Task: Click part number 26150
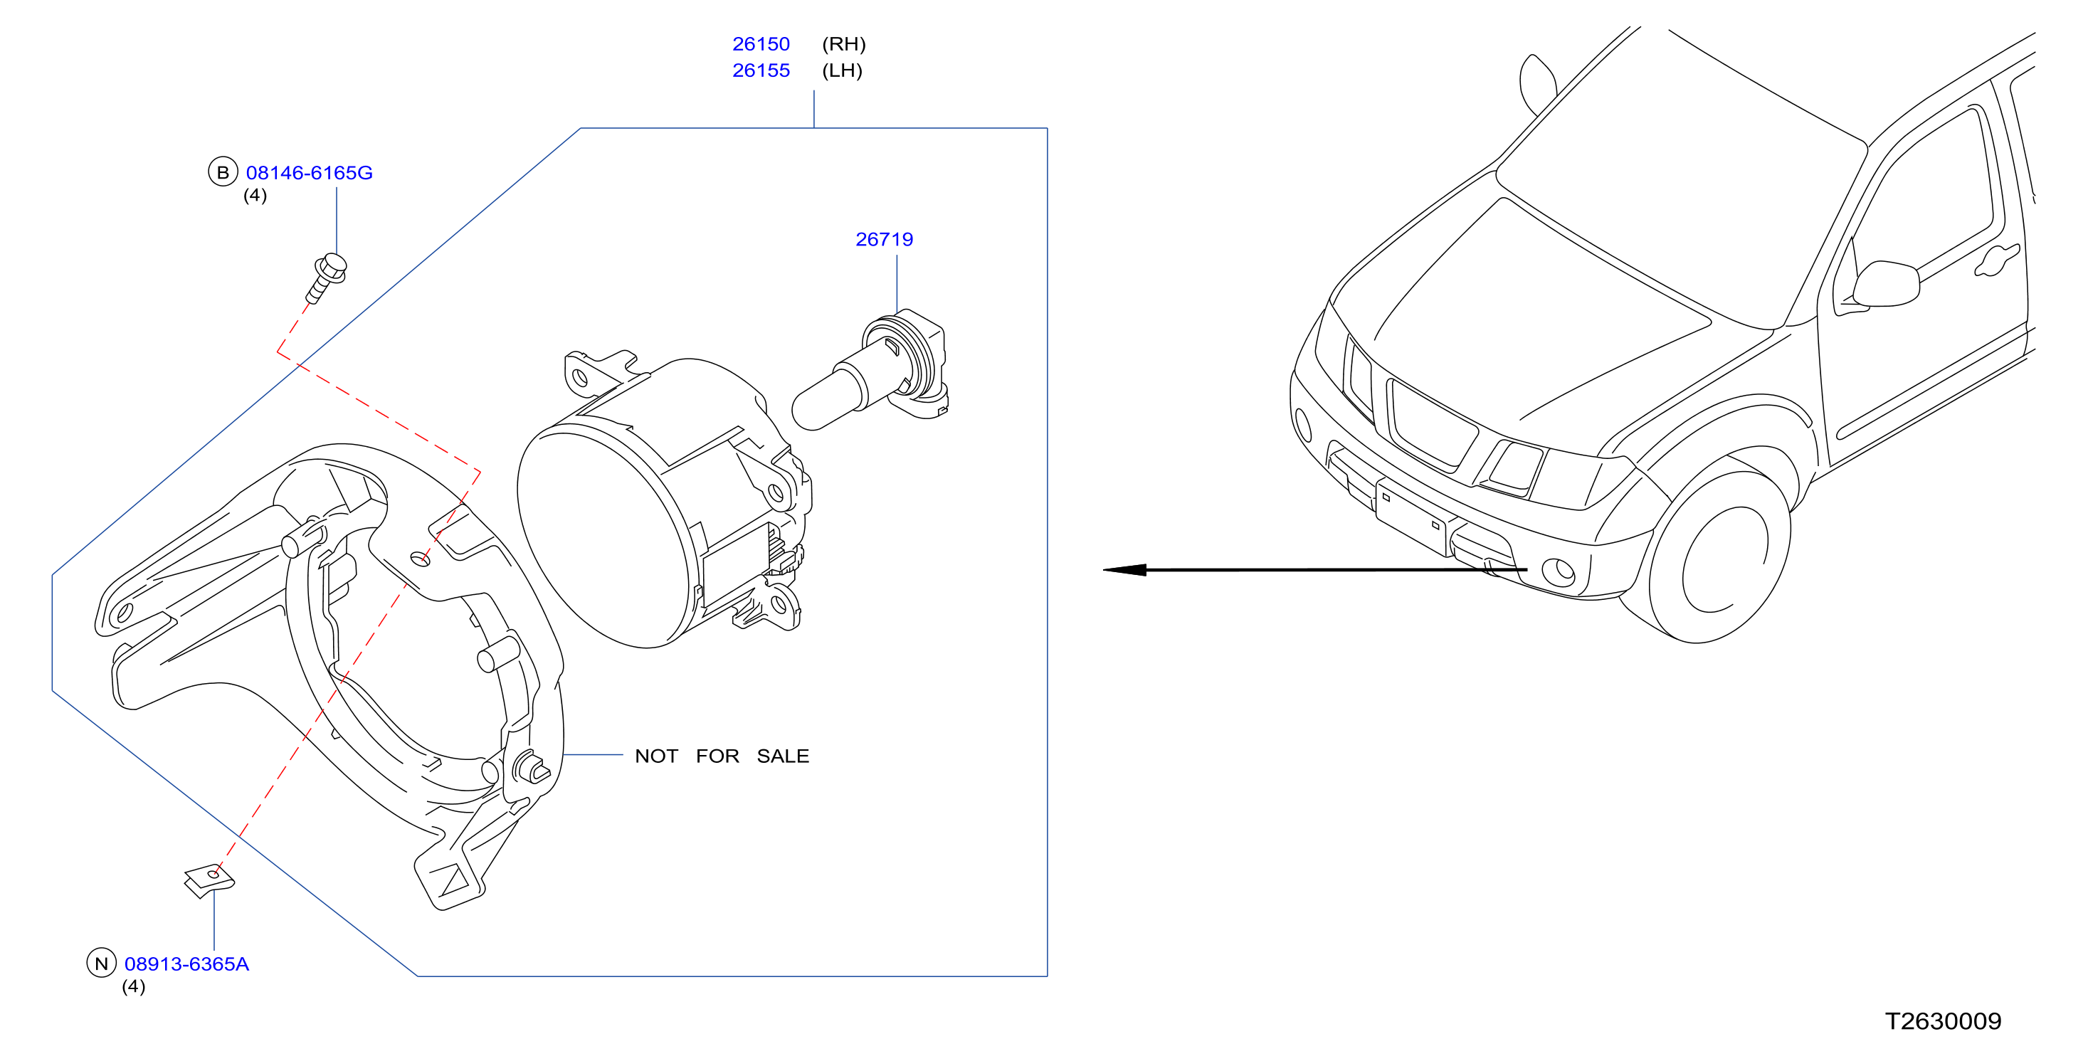tap(760, 44)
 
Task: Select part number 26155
tap(760, 70)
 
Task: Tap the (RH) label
tap(844, 44)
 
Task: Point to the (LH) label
tap(842, 70)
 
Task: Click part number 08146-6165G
tap(309, 173)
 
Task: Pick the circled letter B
tap(223, 171)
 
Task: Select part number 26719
tap(885, 239)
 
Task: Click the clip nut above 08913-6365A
tap(209, 881)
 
